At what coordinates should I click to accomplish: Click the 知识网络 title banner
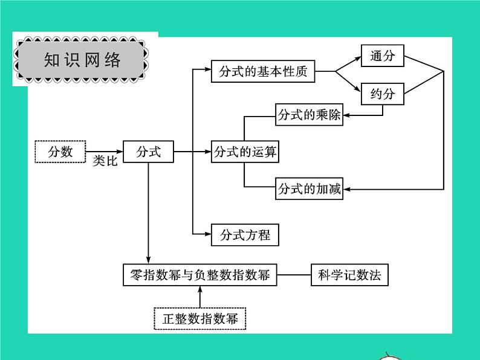click(82, 60)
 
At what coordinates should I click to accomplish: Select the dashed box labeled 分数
click(60, 152)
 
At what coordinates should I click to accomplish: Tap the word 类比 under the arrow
click(105, 163)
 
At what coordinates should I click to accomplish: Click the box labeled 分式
click(148, 152)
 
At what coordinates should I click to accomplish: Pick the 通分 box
click(382, 56)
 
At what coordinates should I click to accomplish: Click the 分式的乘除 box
click(309, 115)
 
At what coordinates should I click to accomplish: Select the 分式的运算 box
click(245, 152)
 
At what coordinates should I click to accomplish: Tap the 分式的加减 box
click(309, 189)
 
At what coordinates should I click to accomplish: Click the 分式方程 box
click(245, 234)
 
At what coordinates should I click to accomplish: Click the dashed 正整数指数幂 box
click(199, 318)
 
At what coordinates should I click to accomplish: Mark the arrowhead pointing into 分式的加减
click(347, 189)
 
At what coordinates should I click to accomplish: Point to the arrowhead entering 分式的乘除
click(347, 115)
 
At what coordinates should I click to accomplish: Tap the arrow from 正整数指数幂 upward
click(199, 296)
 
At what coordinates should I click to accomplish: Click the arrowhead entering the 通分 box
click(357, 57)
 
